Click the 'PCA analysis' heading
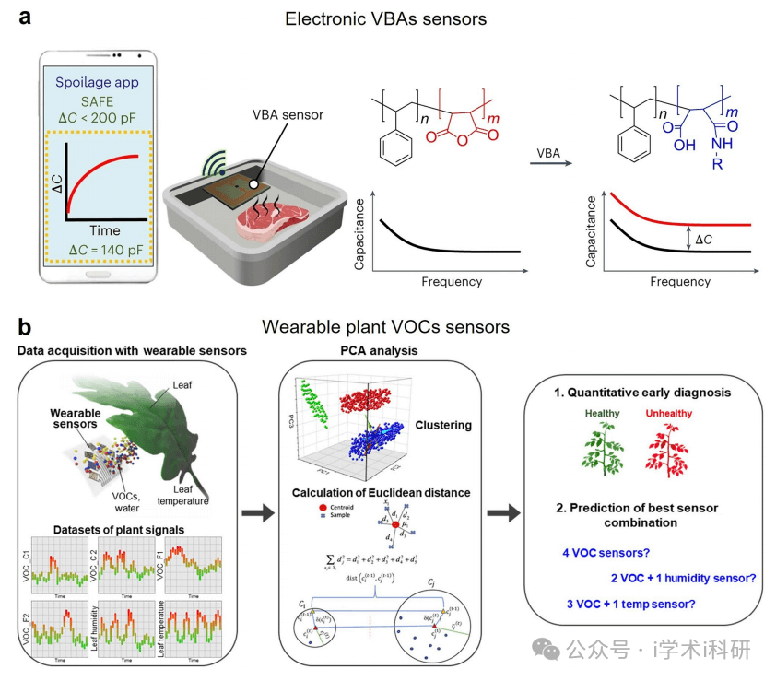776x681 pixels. (x=380, y=350)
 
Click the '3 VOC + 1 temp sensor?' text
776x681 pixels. (x=631, y=604)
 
